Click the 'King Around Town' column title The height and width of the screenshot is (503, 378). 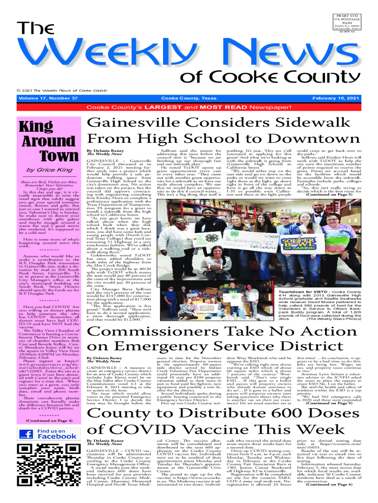click(48, 140)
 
